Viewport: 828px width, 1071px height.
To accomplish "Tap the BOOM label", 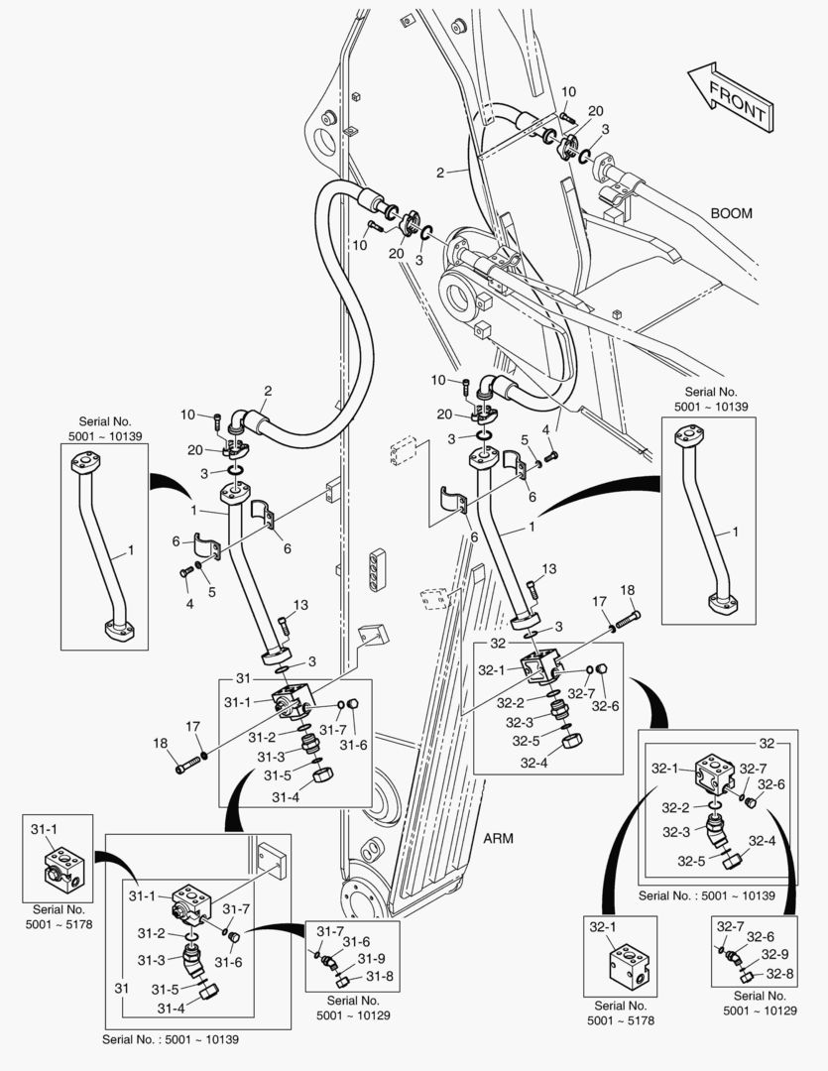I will tap(732, 213).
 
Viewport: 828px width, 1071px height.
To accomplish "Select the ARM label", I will tap(498, 837).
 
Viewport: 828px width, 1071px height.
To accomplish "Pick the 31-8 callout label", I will tap(379, 976).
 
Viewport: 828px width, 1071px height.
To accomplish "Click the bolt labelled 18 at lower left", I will tap(188, 766).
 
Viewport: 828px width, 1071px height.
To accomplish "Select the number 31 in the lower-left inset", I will tap(123, 990).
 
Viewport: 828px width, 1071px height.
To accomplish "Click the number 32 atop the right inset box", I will tap(766, 742).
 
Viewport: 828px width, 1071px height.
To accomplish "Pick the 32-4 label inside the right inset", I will tap(763, 841).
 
